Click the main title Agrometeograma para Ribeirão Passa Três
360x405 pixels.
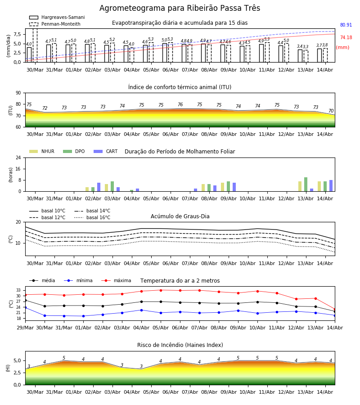click(x=180, y=8)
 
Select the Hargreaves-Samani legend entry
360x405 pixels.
click(x=57, y=17)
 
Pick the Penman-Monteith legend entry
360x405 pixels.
click(x=55, y=24)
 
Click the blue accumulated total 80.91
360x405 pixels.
click(x=346, y=25)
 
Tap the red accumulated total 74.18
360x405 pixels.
click(x=346, y=37)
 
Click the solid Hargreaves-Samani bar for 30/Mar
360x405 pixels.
click(x=29, y=55)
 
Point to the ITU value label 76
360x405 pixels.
click(x=180, y=104)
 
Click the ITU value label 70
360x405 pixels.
click(x=331, y=111)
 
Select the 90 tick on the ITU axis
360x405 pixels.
click(x=18, y=93)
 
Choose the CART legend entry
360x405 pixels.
click(x=106, y=151)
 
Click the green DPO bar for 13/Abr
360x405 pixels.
click(x=306, y=184)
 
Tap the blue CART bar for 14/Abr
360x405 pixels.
click(x=331, y=186)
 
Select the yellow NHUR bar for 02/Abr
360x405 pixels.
click(x=87, y=189)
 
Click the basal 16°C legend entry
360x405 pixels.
click(x=92, y=217)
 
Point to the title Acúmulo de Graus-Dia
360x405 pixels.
click(x=180, y=216)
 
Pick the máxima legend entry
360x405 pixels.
click(x=116, y=280)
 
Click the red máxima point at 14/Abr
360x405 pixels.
click(x=335, y=310)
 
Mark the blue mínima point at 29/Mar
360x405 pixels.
click(x=25, y=308)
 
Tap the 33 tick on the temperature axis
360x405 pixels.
click(x=18, y=290)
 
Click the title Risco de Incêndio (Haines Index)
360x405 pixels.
click(x=180, y=345)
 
